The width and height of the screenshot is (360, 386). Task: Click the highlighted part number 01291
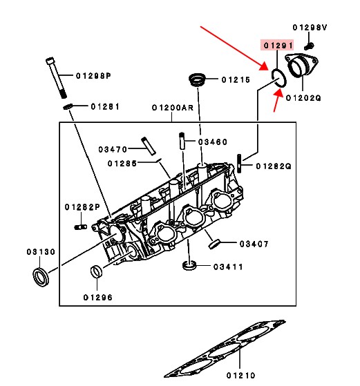tap(278, 46)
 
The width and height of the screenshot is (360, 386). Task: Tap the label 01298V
tap(310, 28)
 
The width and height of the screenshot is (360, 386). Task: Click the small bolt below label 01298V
tap(309, 46)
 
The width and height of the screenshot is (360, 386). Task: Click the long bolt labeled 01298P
tap(56, 78)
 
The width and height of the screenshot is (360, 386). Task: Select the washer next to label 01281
tap(68, 107)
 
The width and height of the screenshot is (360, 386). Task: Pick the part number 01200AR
tap(173, 108)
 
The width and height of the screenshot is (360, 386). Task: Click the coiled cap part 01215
tap(197, 79)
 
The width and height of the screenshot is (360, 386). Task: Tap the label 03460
tap(213, 142)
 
